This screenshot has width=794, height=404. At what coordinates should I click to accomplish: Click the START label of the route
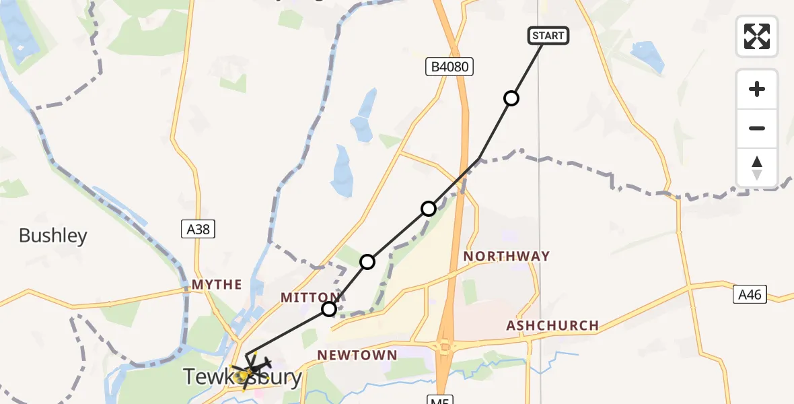548,36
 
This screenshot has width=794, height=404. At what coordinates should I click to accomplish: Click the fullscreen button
756,36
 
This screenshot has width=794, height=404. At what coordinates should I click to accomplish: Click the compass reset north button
756,168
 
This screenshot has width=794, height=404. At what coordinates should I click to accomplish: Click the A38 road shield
199,230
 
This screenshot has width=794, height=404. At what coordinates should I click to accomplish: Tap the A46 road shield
750,294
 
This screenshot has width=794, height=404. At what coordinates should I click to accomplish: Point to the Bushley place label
53,236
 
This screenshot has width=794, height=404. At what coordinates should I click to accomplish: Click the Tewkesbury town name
244,378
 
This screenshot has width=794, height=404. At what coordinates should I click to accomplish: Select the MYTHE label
217,285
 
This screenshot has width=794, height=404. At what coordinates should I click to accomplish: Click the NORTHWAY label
507,257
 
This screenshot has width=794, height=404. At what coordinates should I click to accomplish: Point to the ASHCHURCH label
552,326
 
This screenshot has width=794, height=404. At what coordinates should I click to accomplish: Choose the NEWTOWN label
357,355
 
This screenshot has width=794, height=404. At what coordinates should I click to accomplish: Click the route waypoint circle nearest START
511,99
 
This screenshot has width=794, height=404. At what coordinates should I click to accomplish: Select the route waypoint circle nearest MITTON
329,309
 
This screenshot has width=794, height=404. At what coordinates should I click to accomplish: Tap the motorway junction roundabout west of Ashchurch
445,347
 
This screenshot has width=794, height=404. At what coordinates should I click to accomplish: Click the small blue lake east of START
647,55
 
